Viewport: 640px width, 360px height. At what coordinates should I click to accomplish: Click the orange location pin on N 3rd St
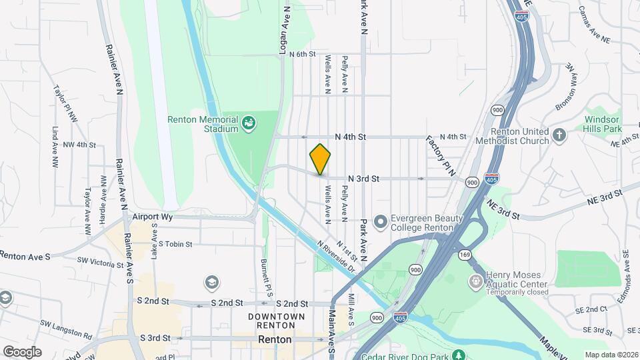click(x=320, y=159)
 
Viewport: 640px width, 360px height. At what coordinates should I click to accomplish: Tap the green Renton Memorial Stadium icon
click(x=249, y=123)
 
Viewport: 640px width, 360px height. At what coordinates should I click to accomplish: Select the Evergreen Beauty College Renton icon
click(x=381, y=221)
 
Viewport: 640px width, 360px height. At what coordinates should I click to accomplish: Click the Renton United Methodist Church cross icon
click(x=559, y=136)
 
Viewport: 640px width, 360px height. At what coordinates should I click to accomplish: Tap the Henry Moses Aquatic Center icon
click(x=475, y=281)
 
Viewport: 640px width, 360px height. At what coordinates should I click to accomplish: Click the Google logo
click(x=22, y=352)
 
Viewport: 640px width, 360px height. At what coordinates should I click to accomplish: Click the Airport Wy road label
click(x=153, y=217)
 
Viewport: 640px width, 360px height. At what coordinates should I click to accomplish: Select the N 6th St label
click(x=302, y=54)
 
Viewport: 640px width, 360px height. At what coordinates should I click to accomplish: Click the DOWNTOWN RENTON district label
click(x=276, y=321)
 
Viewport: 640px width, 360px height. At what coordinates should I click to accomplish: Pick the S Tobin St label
click(x=171, y=244)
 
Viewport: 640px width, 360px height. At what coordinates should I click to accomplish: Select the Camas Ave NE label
click(x=594, y=25)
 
